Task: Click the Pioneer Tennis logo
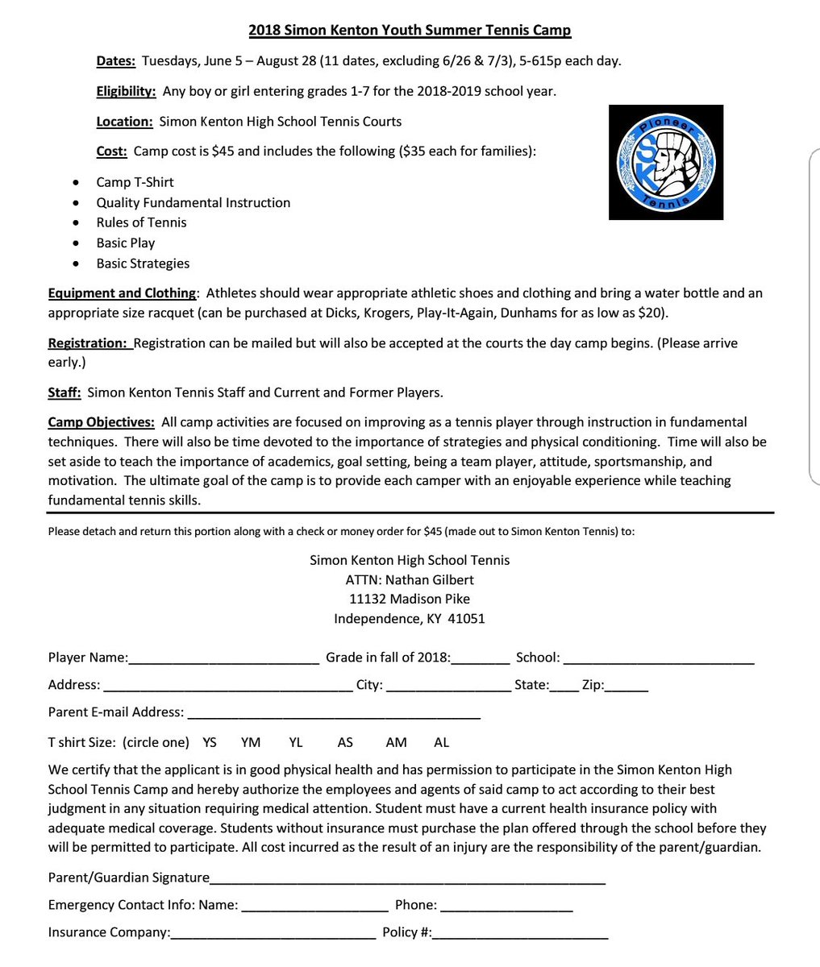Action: click(x=665, y=162)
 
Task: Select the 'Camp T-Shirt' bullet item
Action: click(x=135, y=182)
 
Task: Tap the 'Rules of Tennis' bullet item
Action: click(x=141, y=222)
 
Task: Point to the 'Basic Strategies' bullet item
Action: click(x=143, y=264)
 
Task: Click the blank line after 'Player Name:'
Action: click(x=223, y=659)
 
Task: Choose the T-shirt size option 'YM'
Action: click(x=251, y=742)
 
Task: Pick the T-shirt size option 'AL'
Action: click(x=442, y=742)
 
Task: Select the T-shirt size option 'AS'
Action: click(x=345, y=742)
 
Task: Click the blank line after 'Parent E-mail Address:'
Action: click(x=334, y=714)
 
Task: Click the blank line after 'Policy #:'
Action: click(x=520, y=934)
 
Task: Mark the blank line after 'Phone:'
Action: click(x=506, y=907)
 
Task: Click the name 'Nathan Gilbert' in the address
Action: click(x=429, y=579)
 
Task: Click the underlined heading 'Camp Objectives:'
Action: click(x=101, y=421)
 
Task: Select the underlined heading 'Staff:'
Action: click(x=65, y=392)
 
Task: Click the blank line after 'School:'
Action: click(x=659, y=659)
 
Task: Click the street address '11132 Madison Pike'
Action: click(x=410, y=599)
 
